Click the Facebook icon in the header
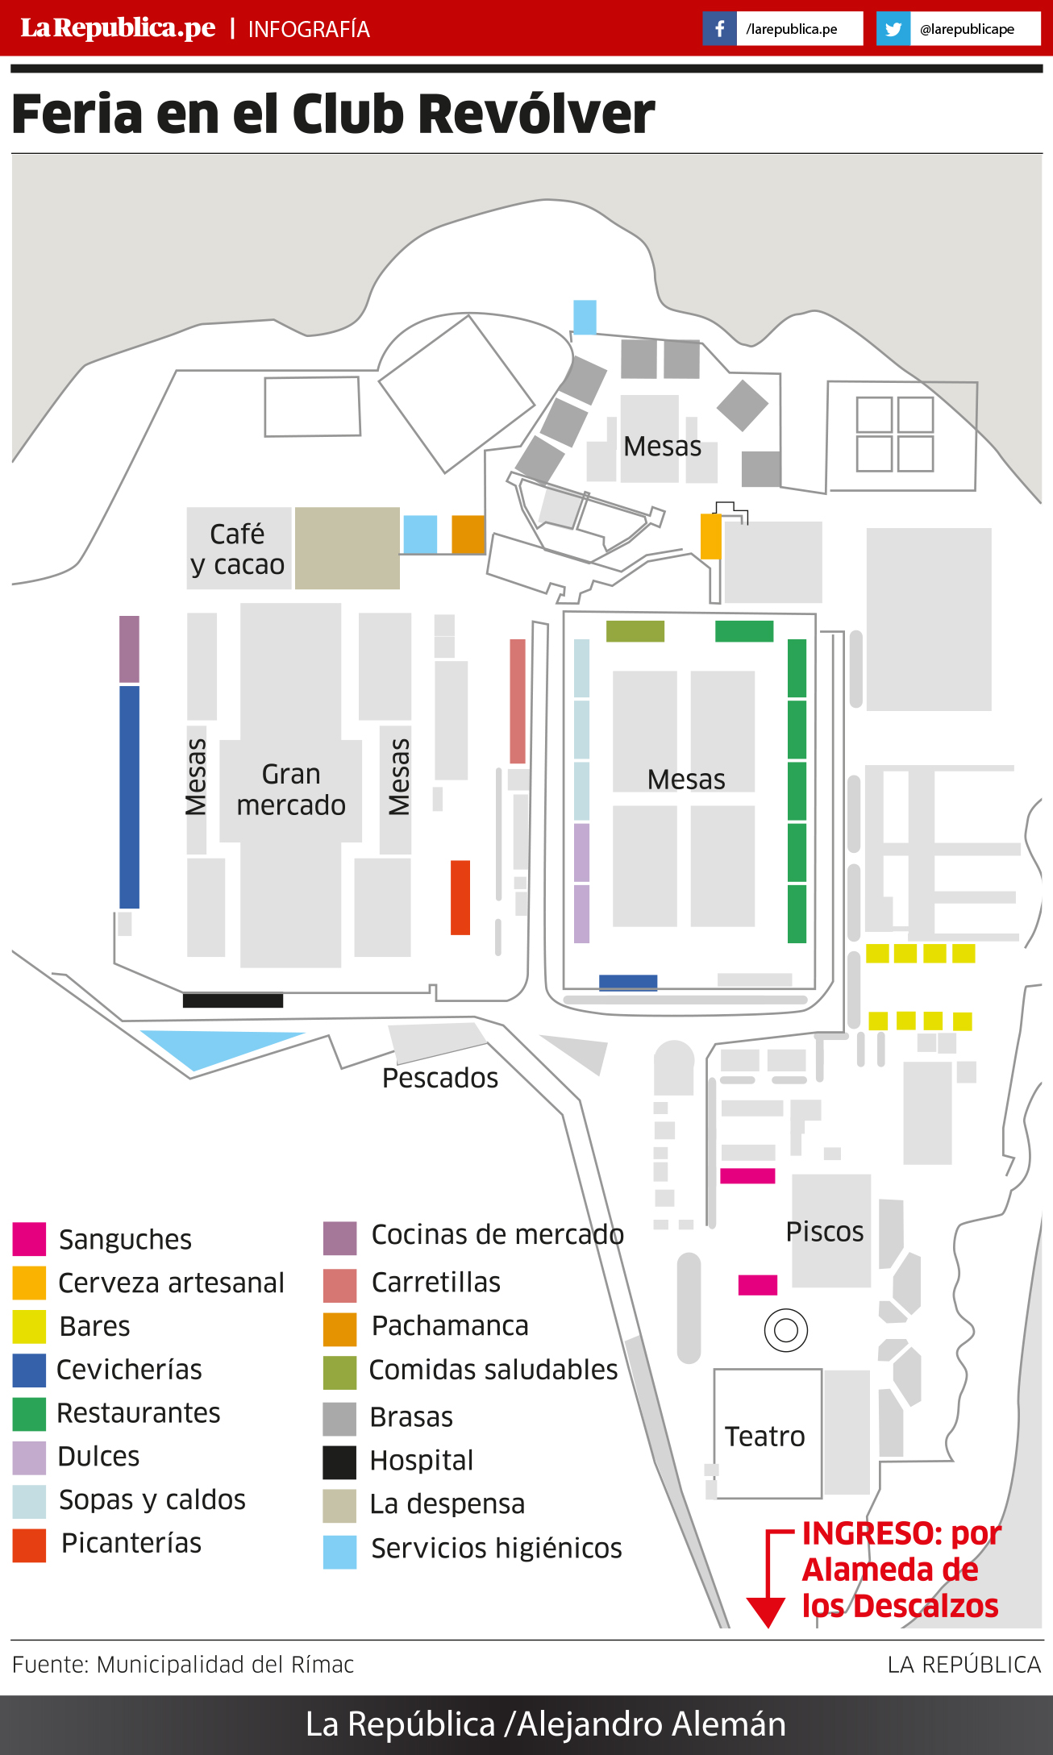pos(719,29)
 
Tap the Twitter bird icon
pos(893,29)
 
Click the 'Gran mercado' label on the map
pos(291,789)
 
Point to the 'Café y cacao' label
pos(238,548)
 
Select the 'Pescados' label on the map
pos(440,1078)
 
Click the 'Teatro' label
pos(764,1436)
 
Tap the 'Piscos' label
pos(825,1231)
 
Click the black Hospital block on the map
pos(233,1000)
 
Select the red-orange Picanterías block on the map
pos(460,897)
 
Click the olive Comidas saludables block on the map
pos(635,631)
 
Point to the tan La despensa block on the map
pos(348,548)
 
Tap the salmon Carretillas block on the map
pos(518,701)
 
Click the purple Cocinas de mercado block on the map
pos(129,649)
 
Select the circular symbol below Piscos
pos(786,1330)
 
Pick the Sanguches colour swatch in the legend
pos(29,1239)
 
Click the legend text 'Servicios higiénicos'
pos(497,1548)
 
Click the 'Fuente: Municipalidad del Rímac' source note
pos(183,1664)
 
